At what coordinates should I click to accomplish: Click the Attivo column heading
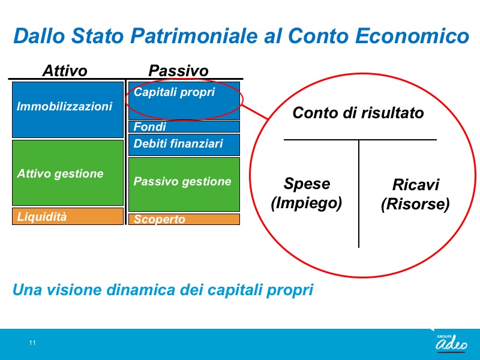pyautogui.click(x=65, y=71)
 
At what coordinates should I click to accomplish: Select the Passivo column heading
pyautogui.click(x=178, y=71)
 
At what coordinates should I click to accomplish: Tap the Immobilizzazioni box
pyautogui.click(x=68, y=110)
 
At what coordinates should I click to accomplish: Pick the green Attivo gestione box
pyautogui.click(x=68, y=173)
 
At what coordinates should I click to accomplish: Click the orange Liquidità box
pyautogui.click(x=68, y=217)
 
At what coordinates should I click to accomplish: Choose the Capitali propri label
pyautogui.click(x=174, y=92)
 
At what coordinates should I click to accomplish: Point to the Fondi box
pyautogui.click(x=184, y=127)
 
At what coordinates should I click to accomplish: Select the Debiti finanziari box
pyautogui.click(x=184, y=145)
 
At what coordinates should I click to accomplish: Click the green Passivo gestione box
pyautogui.click(x=184, y=184)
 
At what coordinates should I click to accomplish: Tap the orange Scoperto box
pyautogui.click(x=184, y=219)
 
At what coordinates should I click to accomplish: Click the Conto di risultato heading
pyautogui.click(x=358, y=113)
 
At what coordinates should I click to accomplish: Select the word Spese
pyautogui.click(x=307, y=184)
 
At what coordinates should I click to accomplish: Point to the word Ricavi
pyautogui.click(x=415, y=185)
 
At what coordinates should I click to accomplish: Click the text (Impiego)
pyautogui.click(x=307, y=203)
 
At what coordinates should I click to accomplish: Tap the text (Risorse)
pyautogui.click(x=415, y=204)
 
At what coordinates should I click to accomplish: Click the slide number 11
pyautogui.click(x=32, y=343)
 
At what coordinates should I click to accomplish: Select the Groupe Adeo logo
pyautogui.click(x=452, y=343)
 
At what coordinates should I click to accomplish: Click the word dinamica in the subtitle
pyautogui.click(x=140, y=290)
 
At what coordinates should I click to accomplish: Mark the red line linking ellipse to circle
pyautogui.click(x=254, y=112)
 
